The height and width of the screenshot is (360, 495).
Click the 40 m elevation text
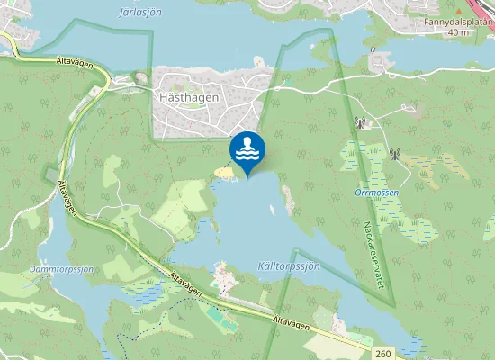458,32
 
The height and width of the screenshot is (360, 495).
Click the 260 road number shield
384,354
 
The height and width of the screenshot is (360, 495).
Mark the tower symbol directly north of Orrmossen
359,123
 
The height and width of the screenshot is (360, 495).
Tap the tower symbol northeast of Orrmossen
393,153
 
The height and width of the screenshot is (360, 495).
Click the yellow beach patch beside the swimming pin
222,171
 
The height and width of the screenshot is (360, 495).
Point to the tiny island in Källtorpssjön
271,211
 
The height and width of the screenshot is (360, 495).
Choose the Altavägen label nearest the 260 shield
292,320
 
